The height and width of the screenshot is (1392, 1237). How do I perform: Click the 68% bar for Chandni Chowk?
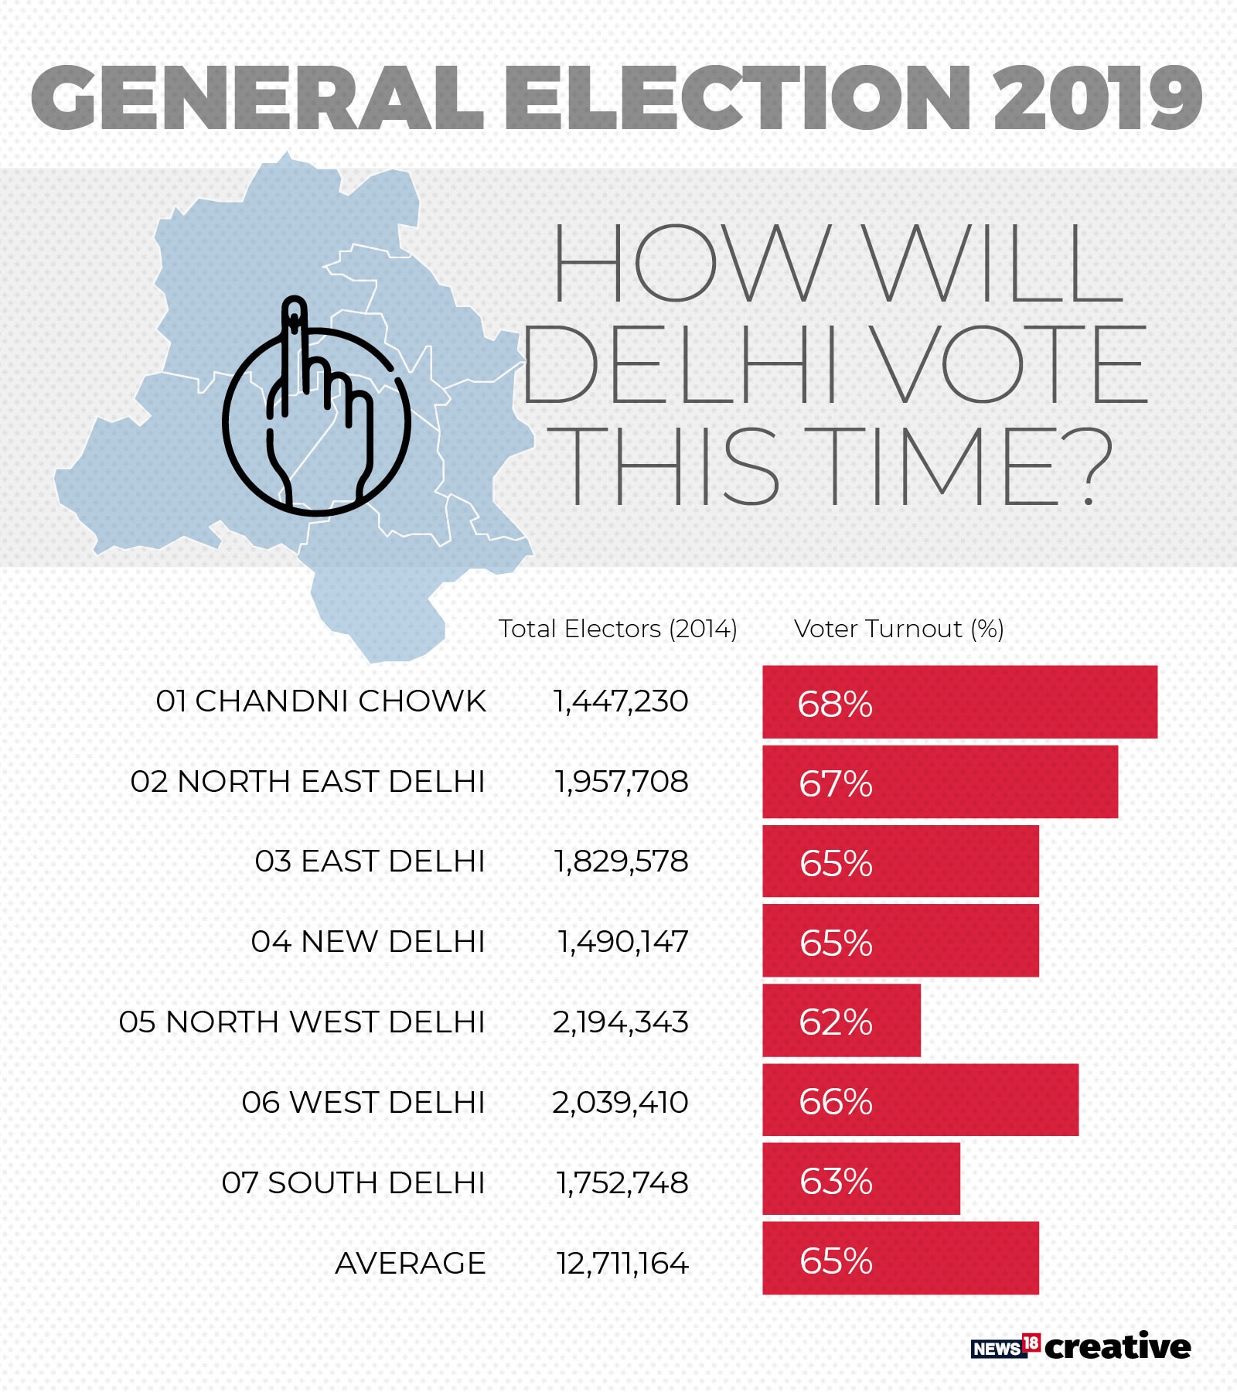(959, 701)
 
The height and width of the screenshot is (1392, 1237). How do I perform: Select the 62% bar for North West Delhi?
(841, 1020)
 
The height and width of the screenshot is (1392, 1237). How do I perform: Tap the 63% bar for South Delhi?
(860, 1179)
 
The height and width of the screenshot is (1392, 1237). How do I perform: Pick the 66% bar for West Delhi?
(920, 1100)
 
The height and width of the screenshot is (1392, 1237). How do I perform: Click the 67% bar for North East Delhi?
(939, 781)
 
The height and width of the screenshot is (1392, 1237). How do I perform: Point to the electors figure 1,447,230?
(620, 701)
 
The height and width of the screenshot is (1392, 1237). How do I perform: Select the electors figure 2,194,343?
(620, 1022)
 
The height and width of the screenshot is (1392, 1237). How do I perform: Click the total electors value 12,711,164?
(622, 1263)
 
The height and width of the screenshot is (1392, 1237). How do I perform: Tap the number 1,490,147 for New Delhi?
(622, 941)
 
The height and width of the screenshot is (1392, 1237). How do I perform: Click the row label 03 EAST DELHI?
(370, 861)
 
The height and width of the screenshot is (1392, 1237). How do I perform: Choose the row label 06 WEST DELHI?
(363, 1102)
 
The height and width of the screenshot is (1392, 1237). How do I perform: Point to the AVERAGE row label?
(410, 1263)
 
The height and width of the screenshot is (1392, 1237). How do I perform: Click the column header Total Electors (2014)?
(618, 629)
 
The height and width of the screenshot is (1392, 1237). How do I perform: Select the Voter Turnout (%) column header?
(898, 629)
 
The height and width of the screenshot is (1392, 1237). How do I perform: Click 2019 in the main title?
(1096, 97)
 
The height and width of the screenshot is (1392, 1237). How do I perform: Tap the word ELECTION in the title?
(738, 97)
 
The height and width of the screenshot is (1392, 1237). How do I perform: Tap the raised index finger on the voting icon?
(294, 340)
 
